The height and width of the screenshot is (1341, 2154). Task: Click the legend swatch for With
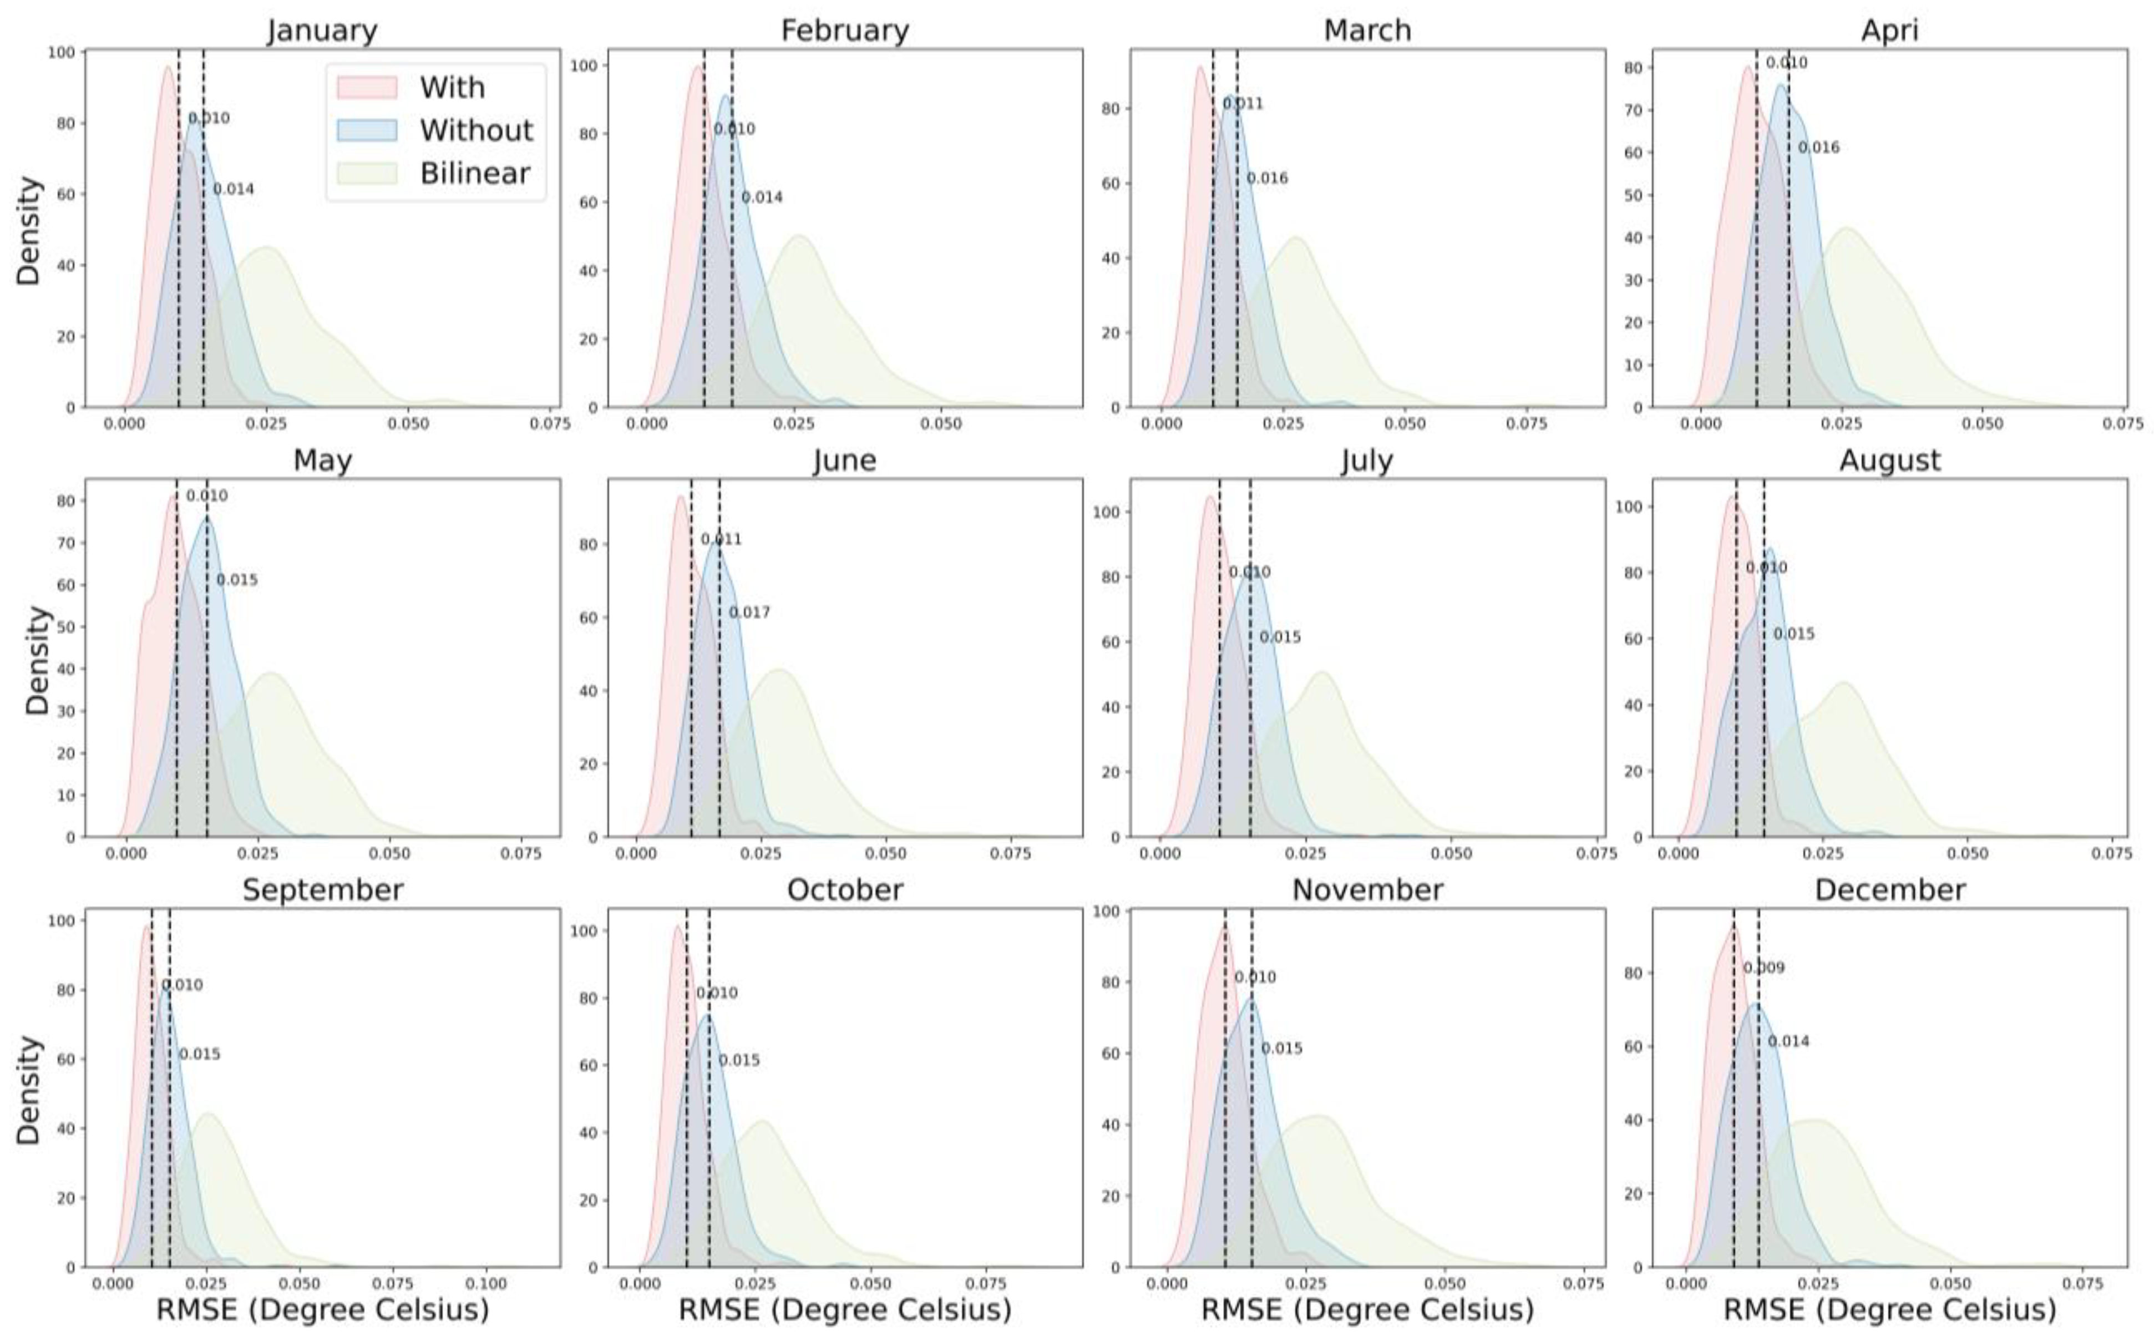pyautogui.click(x=366, y=87)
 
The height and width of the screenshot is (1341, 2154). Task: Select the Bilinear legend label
pyautogui.click(x=474, y=173)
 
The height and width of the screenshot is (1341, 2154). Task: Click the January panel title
pyautogui.click(x=322, y=30)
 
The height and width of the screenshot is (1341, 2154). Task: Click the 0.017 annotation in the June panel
pyautogui.click(x=749, y=612)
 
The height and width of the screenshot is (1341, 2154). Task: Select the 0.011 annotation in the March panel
pyautogui.click(x=1243, y=104)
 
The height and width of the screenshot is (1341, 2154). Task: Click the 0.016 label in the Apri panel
pyautogui.click(x=1819, y=147)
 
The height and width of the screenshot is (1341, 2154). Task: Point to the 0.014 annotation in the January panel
pyautogui.click(x=233, y=189)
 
